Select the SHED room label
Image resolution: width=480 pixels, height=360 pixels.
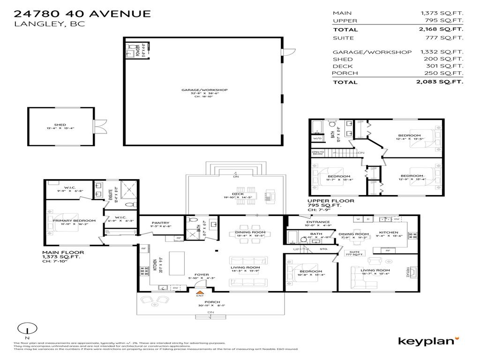[60, 125]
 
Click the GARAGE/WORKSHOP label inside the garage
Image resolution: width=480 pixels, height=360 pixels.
[205, 90]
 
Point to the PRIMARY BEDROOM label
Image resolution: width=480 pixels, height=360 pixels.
[74, 220]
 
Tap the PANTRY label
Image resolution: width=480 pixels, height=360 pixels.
[161, 223]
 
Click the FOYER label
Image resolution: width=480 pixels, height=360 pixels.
[202, 275]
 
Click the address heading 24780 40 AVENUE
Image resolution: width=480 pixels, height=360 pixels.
[82, 13]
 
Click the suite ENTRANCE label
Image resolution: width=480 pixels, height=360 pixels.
[318, 222]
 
